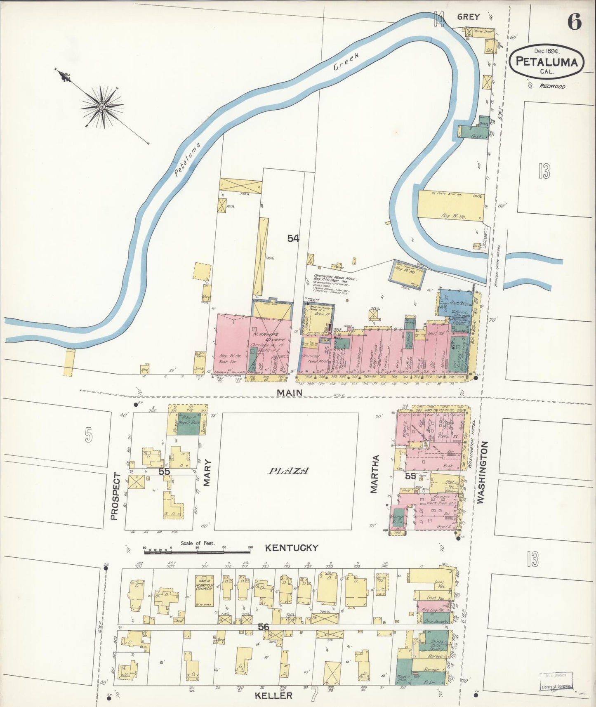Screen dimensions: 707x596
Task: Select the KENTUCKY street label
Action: point(291,548)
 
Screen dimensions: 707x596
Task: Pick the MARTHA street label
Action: point(374,474)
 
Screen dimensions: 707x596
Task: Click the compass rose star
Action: point(102,106)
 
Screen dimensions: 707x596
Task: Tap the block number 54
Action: point(293,238)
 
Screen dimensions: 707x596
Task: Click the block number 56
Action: point(264,627)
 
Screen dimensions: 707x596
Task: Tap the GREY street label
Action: point(468,17)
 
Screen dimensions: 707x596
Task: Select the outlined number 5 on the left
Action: point(88,435)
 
